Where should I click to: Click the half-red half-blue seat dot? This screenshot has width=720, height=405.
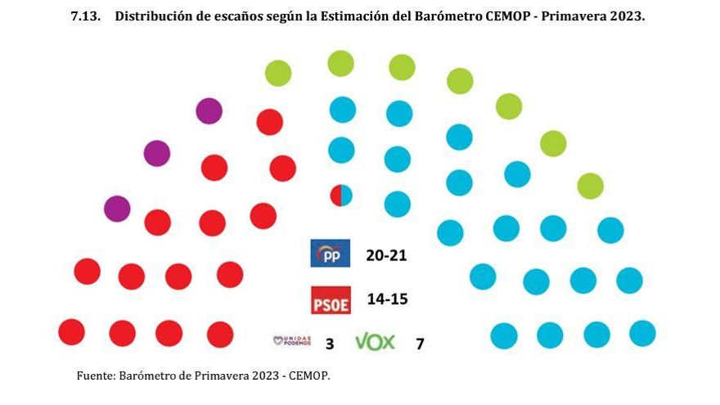(340, 196)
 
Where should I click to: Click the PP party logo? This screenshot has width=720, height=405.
(331, 254)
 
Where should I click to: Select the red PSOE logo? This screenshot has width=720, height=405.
(331, 299)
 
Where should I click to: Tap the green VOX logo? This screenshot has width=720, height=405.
(375, 342)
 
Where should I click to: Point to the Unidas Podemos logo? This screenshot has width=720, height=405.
(292, 341)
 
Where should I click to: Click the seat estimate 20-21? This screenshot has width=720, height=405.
(386, 255)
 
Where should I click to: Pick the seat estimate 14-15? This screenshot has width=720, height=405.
(387, 299)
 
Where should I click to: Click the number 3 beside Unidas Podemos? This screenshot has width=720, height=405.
(330, 344)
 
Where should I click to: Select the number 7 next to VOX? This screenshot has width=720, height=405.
(420, 344)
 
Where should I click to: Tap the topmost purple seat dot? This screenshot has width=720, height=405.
(209, 110)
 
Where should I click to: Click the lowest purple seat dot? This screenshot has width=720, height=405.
(118, 209)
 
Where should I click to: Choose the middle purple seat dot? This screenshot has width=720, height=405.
(156, 153)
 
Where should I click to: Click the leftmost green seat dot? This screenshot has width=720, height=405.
(278, 74)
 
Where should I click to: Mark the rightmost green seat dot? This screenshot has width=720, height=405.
(590, 186)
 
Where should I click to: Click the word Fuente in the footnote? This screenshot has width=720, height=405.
(96, 376)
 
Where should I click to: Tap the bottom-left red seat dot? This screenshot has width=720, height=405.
(71, 332)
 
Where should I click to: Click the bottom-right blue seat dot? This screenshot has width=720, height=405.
(642, 333)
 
